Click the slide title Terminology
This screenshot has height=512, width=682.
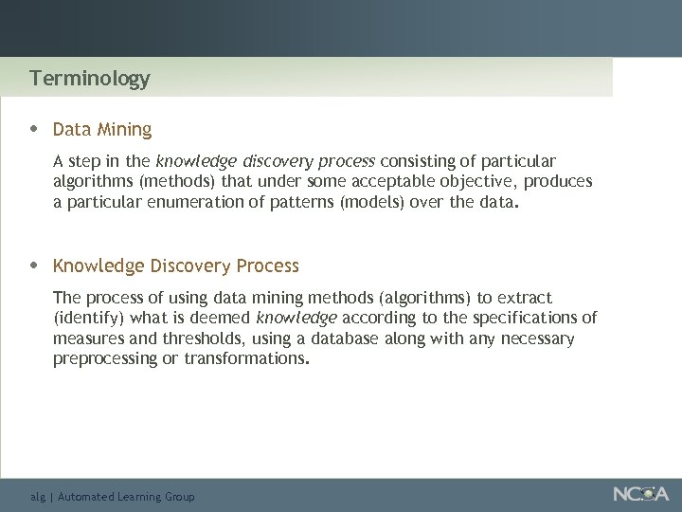(89, 78)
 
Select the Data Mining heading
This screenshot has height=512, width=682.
(102, 129)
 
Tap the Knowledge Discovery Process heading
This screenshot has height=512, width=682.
(175, 265)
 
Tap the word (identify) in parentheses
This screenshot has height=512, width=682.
(88, 318)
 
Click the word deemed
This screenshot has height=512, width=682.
(224, 318)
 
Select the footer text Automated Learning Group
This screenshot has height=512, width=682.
(126, 497)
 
